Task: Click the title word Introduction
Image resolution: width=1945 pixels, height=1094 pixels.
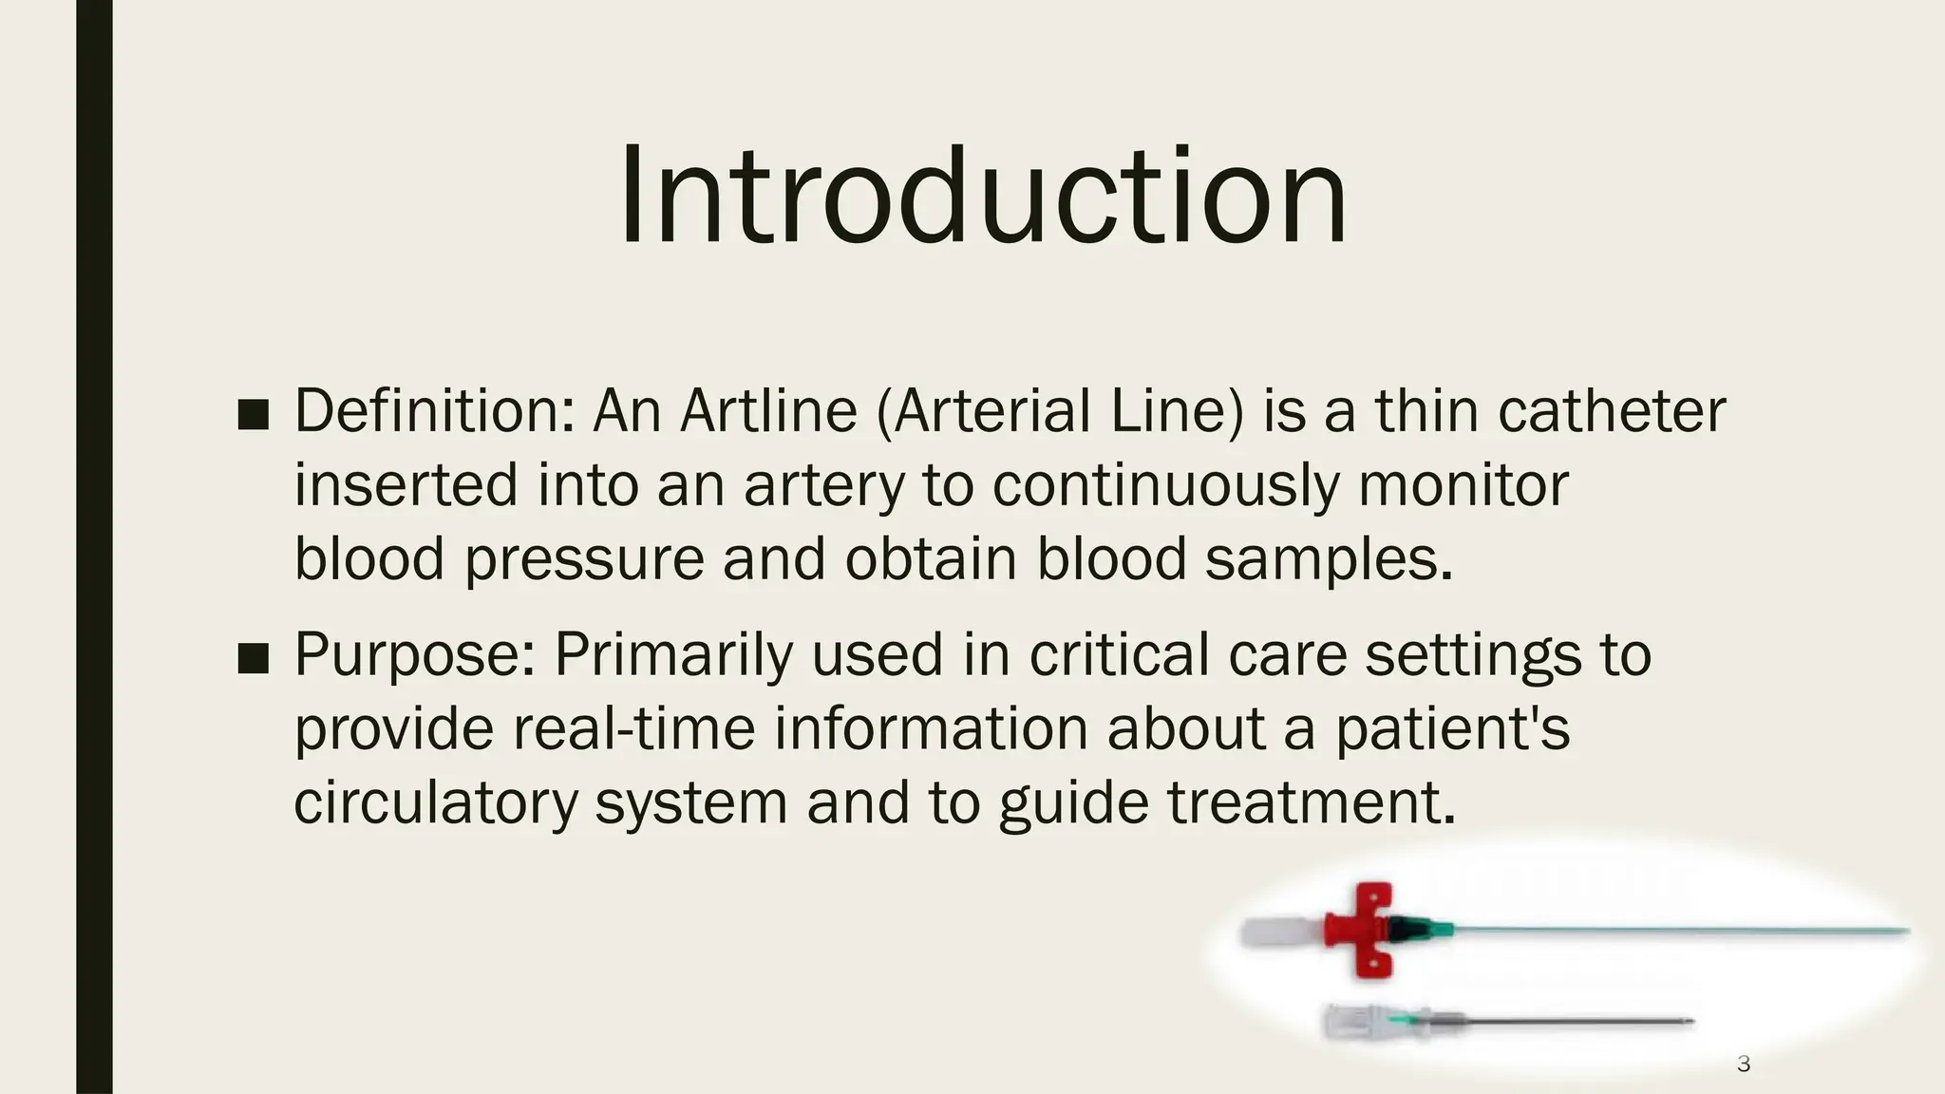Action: (983, 196)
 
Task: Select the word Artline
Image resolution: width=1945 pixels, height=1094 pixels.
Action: (768, 411)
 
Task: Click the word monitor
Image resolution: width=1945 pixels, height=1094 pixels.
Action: (1463, 485)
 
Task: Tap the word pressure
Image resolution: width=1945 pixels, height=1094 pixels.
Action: (584, 559)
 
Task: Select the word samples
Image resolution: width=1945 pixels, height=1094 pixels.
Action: (1329, 559)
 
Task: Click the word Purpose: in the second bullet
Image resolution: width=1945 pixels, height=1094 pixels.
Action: (414, 654)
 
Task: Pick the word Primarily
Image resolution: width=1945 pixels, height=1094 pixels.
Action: (672, 654)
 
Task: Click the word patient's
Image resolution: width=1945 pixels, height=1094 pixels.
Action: (1452, 728)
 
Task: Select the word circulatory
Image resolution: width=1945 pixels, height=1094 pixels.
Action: (436, 802)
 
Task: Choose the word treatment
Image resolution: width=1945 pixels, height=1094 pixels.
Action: (1311, 802)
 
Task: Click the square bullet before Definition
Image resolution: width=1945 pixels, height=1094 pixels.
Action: (254, 414)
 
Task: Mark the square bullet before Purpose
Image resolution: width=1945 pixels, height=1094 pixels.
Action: (254, 657)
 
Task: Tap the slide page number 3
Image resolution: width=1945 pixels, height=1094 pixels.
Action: (1743, 1064)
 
